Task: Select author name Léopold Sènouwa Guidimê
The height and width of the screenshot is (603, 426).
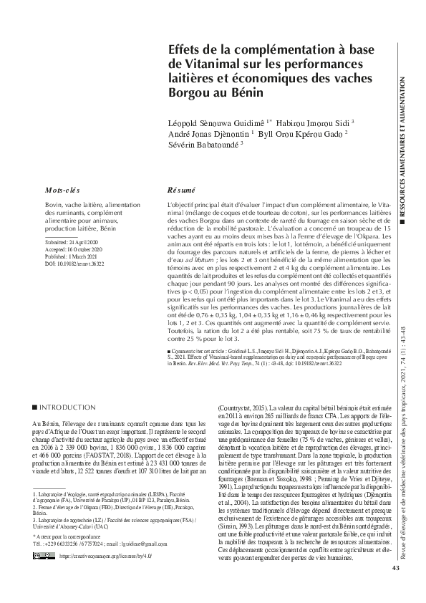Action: pyautogui.click(x=227, y=122)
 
